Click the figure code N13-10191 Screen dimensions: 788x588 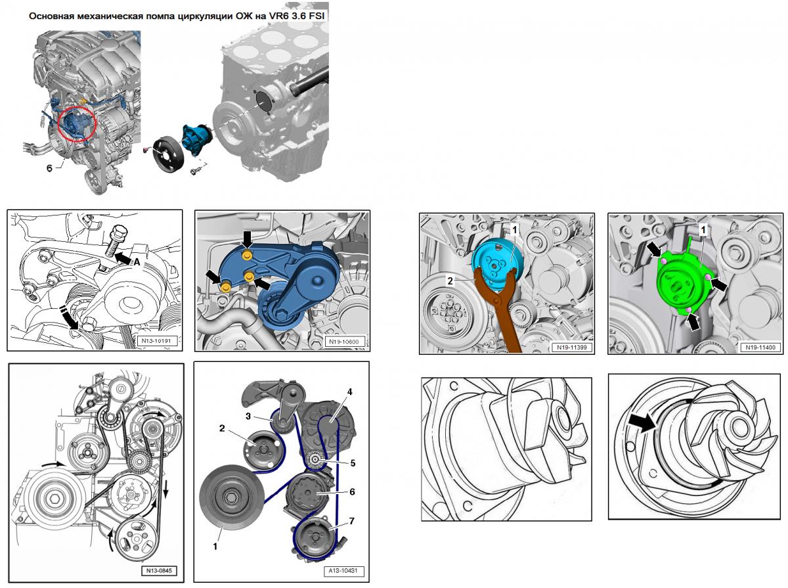tap(157, 340)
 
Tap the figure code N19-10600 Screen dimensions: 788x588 tap(343, 342)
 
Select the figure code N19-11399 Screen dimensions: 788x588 tap(571, 348)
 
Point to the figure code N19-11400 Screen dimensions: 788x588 tap(760, 348)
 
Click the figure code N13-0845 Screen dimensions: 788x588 tap(159, 571)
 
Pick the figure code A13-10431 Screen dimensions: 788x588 tap(343, 571)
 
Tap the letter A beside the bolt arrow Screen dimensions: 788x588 tap(137, 263)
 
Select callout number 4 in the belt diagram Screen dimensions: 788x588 tap(349, 392)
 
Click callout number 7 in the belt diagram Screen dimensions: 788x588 tap(351, 521)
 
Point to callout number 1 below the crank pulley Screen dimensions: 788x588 tap(215, 547)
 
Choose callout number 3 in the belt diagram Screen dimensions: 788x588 tap(248, 417)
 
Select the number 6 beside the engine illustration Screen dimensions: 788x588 tap(49, 168)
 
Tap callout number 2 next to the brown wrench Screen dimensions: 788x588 tap(450, 281)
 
